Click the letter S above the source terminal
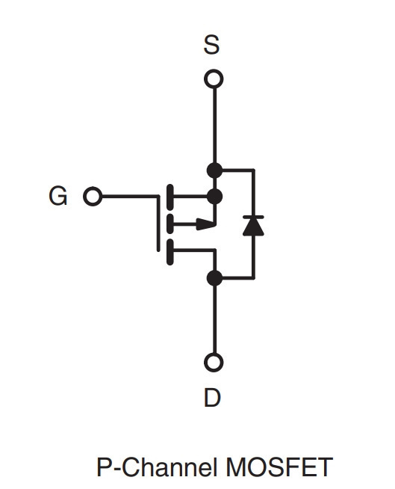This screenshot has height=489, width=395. tap(211, 45)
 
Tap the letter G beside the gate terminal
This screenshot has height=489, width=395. tap(58, 196)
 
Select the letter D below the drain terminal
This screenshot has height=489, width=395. tap(213, 397)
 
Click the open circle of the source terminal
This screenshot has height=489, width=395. tap(214, 79)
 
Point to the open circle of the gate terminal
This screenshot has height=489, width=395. tap(93, 196)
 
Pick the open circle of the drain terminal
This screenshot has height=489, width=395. tap(214, 363)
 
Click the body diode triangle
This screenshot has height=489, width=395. tap(253, 227)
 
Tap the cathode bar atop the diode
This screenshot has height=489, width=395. tap(253, 217)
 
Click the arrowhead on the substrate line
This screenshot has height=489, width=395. tap(205, 224)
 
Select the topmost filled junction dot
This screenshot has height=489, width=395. tap(214, 170)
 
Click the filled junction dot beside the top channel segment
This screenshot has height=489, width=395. tap(214, 197)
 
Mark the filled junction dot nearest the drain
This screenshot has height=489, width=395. tap(214, 278)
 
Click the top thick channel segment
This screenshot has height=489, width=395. tap(170, 197)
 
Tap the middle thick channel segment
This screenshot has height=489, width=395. tap(170, 224)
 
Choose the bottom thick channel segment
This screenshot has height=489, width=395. tap(170, 252)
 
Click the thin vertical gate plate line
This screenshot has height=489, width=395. tap(158, 223)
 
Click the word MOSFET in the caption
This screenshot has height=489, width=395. tap(279, 467)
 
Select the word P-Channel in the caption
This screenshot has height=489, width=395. tap(157, 467)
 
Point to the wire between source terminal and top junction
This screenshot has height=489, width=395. tap(214, 126)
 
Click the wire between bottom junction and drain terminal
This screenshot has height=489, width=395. tap(214, 319)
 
